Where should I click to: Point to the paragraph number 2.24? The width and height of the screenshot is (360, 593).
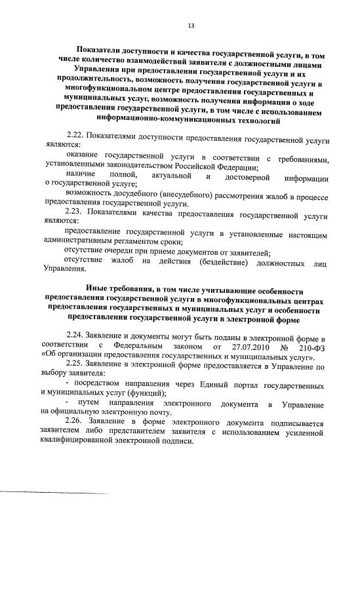pos(77,336)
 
